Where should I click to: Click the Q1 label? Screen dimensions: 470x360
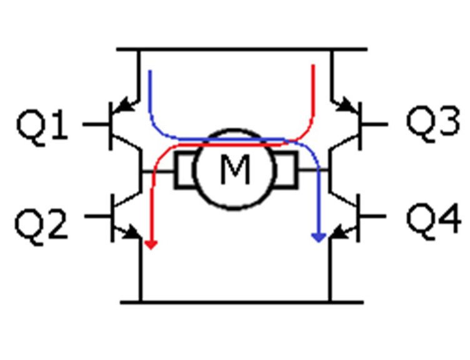click(x=42, y=127)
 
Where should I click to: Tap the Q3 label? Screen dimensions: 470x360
click(x=433, y=123)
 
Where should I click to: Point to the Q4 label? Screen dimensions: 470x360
click(x=433, y=221)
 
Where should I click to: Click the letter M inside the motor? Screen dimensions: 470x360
click(x=235, y=169)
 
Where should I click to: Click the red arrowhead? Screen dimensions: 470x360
click(x=151, y=244)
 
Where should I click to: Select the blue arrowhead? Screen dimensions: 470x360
click(x=319, y=237)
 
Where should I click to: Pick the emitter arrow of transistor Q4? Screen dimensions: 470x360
click(x=341, y=232)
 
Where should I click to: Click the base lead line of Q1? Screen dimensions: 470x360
click(x=96, y=124)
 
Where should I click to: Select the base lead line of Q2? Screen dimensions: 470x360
click(x=98, y=216)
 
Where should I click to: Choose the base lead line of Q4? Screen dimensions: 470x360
click(x=372, y=216)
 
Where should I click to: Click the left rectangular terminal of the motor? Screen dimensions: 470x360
click(x=185, y=170)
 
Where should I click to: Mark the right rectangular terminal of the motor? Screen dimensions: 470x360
click(x=286, y=170)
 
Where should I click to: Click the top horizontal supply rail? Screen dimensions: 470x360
click(x=242, y=49)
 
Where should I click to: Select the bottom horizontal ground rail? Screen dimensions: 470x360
click(x=242, y=302)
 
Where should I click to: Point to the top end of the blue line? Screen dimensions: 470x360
click(x=150, y=71)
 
